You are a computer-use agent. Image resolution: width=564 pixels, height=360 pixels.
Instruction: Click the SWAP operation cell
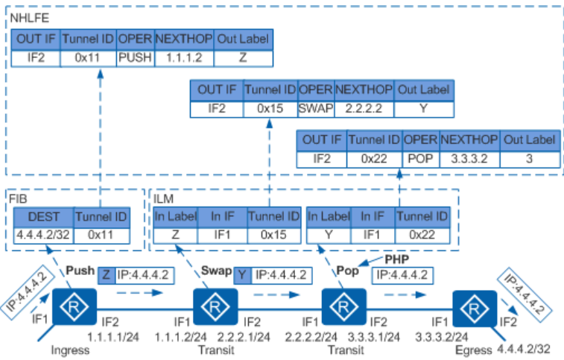coord(315,107)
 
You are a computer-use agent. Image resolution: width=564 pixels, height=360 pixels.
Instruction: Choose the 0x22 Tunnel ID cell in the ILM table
coord(423,233)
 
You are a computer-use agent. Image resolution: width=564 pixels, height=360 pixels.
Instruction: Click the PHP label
coord(396,259)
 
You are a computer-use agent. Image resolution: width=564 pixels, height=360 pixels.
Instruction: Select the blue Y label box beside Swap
coord(242,274)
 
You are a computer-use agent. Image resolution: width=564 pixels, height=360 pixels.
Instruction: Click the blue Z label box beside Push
coord(107,274)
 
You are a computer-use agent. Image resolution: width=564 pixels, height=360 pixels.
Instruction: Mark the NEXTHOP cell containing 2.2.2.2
coord(364,107)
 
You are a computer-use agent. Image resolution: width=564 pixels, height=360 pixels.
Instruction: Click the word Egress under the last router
coord(472,350)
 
